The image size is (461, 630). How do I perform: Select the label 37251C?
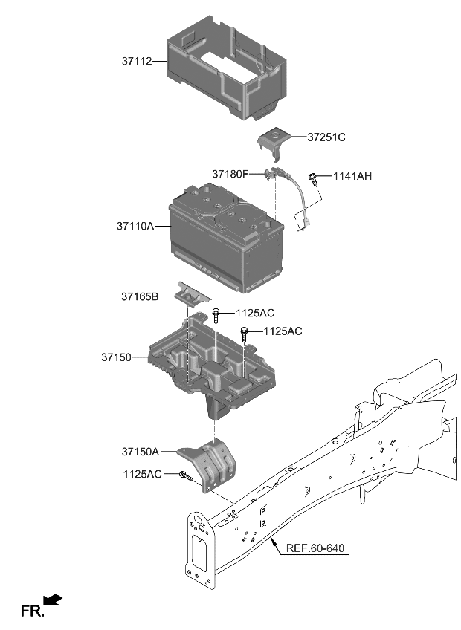pyautogui.click(x=327, y=137)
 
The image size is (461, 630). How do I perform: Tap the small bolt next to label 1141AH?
pyautogui.click(x=315, y=177)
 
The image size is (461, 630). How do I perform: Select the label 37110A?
pyautogui.click(x=135, y=226)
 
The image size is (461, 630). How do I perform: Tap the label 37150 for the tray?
pyautogui.click(x=117, y=357)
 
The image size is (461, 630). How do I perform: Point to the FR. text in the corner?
pyautogui.click(x=32, y=612)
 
